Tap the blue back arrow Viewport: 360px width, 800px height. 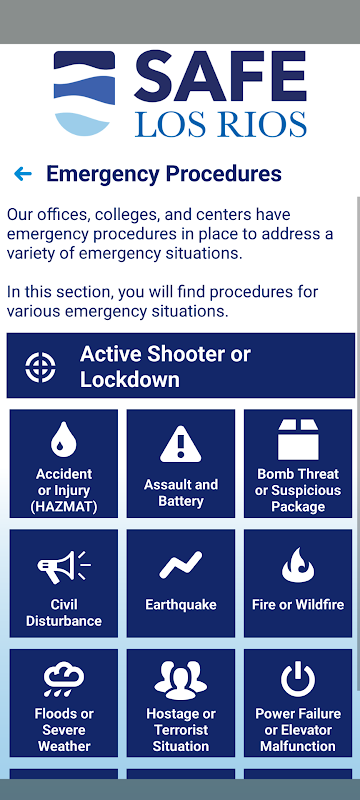23,174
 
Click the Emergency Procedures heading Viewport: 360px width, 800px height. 164,174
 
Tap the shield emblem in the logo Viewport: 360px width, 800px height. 84,93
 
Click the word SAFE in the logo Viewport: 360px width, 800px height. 220,76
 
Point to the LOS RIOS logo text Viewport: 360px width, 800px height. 221,124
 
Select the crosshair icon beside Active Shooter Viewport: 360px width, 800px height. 41,367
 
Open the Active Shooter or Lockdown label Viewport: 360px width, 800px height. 165,367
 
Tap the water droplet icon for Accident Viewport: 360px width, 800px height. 64,439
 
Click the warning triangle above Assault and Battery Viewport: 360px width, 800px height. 181,444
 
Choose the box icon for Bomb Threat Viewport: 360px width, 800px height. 298,440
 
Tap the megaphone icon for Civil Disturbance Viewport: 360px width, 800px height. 64,567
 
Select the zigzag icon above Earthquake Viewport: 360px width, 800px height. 181,565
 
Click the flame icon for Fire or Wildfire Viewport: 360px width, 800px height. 298,565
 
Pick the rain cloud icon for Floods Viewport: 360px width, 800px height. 64,680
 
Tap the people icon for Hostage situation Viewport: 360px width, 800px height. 181,680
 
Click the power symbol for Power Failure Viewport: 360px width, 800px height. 298,680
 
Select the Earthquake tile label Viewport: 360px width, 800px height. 181,605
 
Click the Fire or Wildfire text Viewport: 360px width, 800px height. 298,605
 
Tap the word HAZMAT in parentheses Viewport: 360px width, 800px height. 64,507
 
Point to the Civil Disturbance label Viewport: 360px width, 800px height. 64,613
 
